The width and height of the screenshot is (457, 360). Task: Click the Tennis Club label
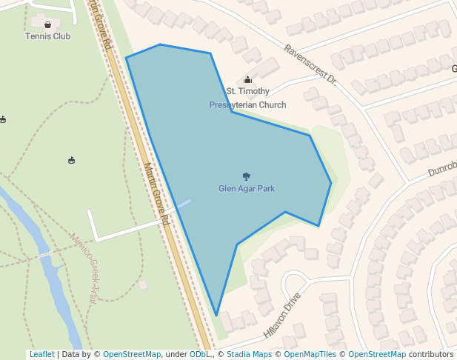[47, 36]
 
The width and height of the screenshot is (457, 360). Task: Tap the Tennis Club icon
[47, 24]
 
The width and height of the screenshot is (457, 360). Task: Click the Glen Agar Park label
[247, 189]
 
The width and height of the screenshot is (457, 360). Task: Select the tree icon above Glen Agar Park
[247, 176]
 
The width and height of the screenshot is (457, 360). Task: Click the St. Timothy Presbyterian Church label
[247, 98]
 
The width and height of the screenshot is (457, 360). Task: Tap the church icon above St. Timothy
[247, 80]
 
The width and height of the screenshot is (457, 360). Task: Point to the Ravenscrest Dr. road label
[310, 64]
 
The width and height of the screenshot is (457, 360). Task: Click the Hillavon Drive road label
[282, 314]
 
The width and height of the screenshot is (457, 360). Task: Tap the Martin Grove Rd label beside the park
[157, 194]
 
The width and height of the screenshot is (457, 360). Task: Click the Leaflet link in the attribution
[41, 355]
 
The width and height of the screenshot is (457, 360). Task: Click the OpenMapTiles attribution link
[310, 355]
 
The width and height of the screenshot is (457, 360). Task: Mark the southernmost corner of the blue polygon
[216, 316]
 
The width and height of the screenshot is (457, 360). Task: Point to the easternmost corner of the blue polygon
[331, 182]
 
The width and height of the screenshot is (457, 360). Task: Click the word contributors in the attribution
[431, 355]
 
